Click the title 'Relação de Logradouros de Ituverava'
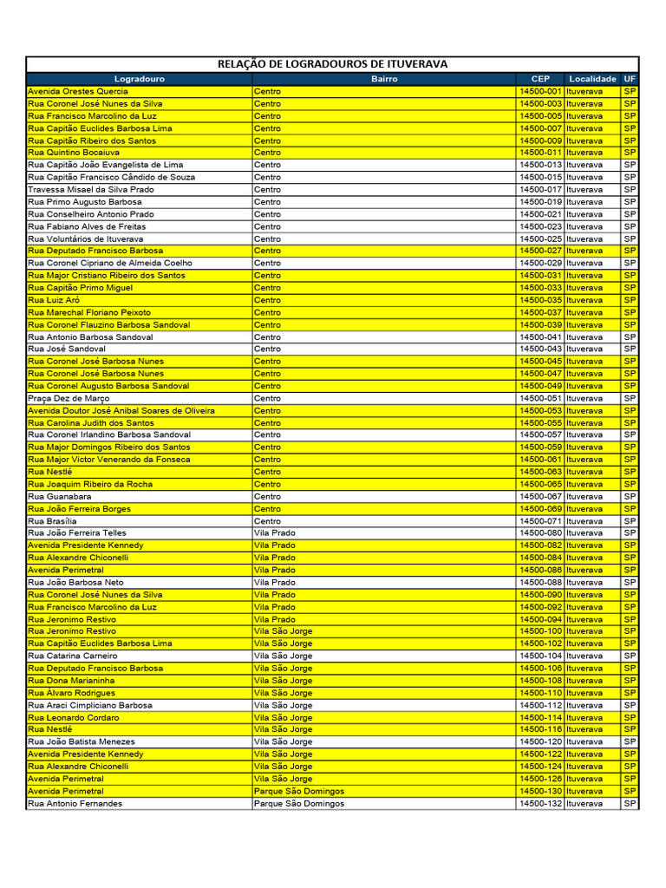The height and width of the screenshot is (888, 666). pyautogui.click(x=332, y=64)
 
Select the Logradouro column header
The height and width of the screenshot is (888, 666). pyautogui.click(x=139, y=78)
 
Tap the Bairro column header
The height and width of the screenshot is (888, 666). pyautogui.click(x=384, y=78)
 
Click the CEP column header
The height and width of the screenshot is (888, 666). pyautogui.click(x=540, y=78)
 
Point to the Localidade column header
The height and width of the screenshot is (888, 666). pyautogui.click(x=592, y=78)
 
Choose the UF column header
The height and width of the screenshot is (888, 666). pyautogui.click(x=630, y=78)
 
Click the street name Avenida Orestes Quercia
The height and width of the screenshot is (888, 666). pyautogui.click(x=78, y=91)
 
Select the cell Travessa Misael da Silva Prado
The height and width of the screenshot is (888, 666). pyautogui.click(x=91, y=189)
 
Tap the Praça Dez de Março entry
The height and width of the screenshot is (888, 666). pyautogui.click(x=69, y=398)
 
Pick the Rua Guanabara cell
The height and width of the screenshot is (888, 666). pyautogui.click(x=60, y=496)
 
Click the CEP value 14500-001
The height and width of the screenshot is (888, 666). pyautogui.click(x=540, y=91)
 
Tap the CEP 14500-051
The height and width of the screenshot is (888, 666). pyautogui.click(x=540, y=398)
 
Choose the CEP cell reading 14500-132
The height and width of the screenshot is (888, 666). pyautogui.click(x=540, y=804)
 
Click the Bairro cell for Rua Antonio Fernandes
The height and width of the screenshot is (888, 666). pyautogui.click(x=299, y=804)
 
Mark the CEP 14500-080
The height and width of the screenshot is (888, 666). pyautogui.click(x=540, y=533)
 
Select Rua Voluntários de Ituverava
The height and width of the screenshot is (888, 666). pyautogui.click(x=86, y=238)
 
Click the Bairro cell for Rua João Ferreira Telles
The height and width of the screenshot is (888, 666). pyautogui.click(x=275, y=533)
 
